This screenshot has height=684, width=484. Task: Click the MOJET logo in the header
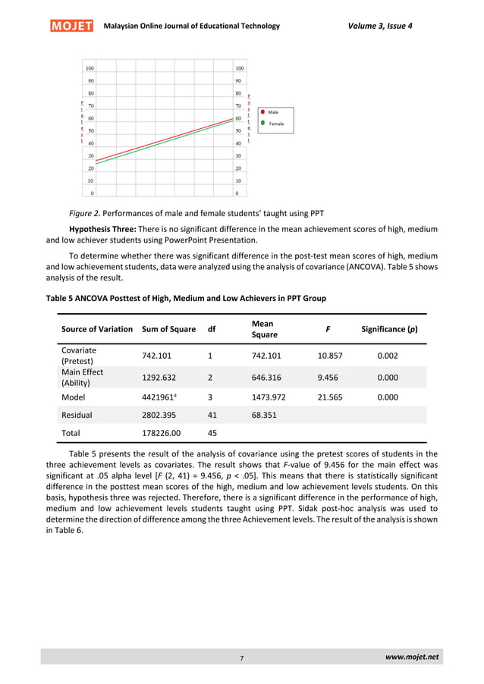(x=71, y=27)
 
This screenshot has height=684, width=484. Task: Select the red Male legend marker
(x=262, y=111)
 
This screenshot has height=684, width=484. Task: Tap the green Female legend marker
(x=262, y=122)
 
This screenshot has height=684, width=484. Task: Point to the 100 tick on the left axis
(x=90, y=67)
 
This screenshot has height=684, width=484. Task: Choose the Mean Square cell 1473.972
(x=268, y=396)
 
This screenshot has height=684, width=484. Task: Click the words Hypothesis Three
(x=102, y=229)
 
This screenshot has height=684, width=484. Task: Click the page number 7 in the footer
(x=241, y=659)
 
